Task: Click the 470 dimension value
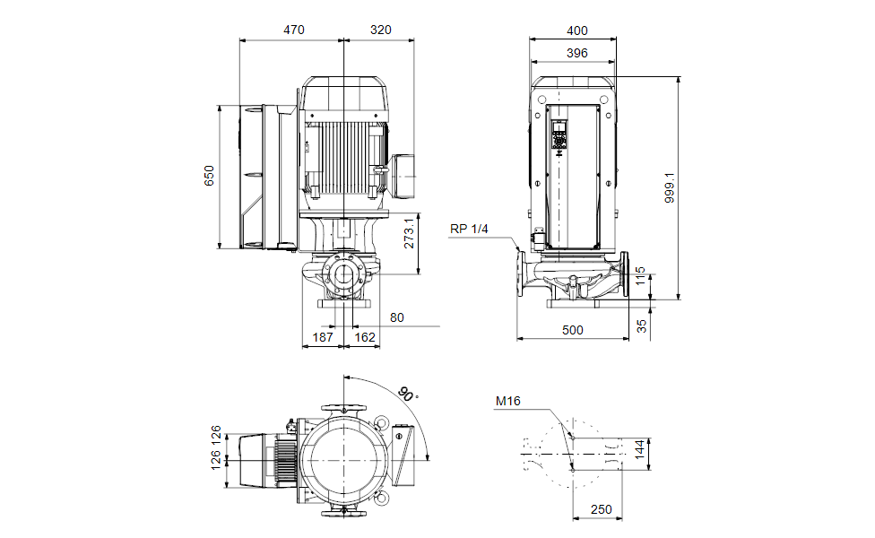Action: (x=294, y=30)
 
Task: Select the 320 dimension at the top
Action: (x=380, y=30)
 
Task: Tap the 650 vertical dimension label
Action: (x=209, y=176)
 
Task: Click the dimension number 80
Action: (x=397, y=317)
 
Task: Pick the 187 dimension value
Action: (x=323, y=337)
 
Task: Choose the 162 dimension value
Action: (x=365, y=337)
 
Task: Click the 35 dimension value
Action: (x=640, y=325)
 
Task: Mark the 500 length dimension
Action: (x=572, y=330)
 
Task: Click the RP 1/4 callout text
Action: (x=469, y=230)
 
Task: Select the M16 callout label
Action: (x=507, y=401)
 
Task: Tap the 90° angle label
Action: (x=408, y=394)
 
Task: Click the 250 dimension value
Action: (x=601, y=509)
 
